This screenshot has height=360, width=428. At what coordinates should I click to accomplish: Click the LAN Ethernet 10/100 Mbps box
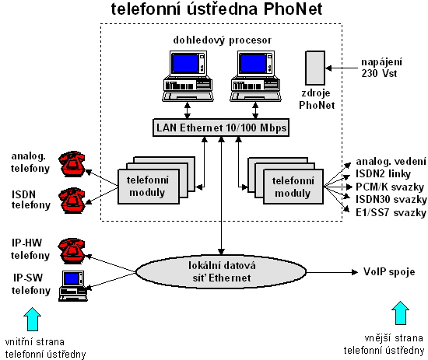coord(221,128)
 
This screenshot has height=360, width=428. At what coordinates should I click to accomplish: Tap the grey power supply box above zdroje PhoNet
coord(315,68)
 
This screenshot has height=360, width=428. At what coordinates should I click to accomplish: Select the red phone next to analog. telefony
coord(72,163)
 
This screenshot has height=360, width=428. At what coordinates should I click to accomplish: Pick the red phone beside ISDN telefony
coord(72,200)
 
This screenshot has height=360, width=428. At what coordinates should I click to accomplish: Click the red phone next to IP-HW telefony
coord(72,250)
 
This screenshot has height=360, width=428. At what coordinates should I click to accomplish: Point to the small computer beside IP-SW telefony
coord(73,286)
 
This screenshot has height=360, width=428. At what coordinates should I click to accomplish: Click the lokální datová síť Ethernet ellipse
coord(221,272)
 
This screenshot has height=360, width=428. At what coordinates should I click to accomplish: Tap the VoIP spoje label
coord(389,271)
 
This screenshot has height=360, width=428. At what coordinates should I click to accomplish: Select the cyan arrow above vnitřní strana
coord(32,319)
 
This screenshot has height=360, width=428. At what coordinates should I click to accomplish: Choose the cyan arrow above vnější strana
coord(400,313)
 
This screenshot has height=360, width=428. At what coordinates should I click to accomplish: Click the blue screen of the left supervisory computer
coord(185,63)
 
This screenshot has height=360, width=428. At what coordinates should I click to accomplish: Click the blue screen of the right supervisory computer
coord(253,63)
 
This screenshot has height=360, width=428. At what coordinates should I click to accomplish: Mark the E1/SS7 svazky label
coord(391,212)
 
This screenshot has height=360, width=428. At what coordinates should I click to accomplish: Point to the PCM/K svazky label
coord(390,187)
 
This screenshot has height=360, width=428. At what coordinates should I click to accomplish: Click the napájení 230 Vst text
coord(381,68)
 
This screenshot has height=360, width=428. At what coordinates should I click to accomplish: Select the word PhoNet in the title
coord(293,9)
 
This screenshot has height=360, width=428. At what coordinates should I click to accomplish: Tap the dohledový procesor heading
coord(223,40)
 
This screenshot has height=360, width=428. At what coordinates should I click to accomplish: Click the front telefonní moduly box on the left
coord(149,187)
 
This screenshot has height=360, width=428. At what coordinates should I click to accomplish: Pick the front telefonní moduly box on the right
coord(293,187)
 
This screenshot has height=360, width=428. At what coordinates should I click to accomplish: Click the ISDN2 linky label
coord(383,173)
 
